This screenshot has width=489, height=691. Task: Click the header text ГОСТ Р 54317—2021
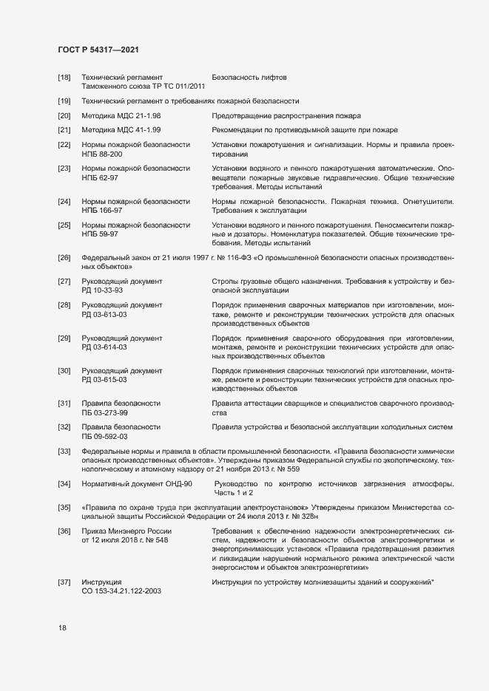tap(98, 50)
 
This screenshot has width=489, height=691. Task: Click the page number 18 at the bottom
tap(62, 628)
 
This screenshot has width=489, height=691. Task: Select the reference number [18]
tap(64, 78)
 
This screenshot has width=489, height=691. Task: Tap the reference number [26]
tap(64, 257)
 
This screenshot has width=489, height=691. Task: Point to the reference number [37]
tap(64, 583)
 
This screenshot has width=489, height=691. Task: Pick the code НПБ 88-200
tap(102, 154)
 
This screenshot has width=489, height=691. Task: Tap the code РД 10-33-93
tap(102, 290)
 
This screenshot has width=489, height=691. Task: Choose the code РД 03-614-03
tap(104, 347)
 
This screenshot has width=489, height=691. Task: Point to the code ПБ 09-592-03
tap(104, 436)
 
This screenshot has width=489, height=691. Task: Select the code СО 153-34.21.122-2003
tap(121, 592)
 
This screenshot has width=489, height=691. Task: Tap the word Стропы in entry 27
tap(225, 282)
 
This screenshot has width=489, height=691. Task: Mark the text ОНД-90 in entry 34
tap(178, 483)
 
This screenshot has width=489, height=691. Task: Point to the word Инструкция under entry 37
tap(101, 583)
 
